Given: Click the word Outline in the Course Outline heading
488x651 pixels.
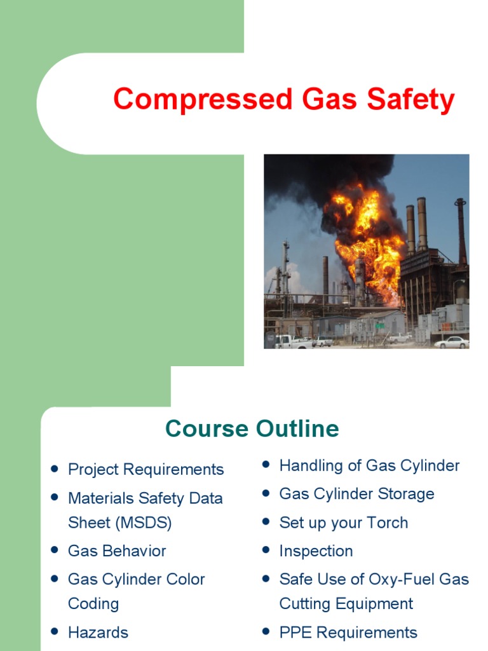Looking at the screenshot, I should point(296,428).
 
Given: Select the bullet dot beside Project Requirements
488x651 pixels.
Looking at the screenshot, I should point(55,469).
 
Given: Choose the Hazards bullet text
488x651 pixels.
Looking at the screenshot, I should point(98,633).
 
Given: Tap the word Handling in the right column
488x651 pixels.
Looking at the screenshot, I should point(308,465).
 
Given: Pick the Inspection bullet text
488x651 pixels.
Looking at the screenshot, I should point(316,551).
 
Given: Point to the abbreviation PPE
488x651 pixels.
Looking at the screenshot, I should point(295,633).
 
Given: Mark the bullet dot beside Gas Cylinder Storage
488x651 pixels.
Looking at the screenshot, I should point(266,493).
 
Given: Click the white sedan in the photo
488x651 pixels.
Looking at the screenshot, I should point(451,342).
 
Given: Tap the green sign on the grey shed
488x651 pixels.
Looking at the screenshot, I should point(379,325).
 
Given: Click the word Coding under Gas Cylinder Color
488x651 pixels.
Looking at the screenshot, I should point(93,603).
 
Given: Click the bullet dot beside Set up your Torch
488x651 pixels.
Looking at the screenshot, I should point(266,522).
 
